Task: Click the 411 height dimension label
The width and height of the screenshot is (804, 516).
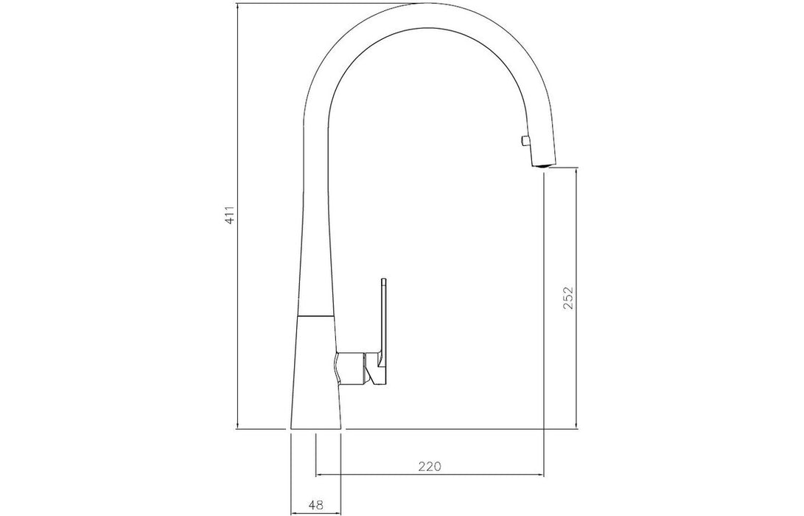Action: click(230, 215)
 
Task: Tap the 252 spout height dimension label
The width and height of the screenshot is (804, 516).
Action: click(567, 298)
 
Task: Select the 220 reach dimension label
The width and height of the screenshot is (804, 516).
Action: click(430, 467)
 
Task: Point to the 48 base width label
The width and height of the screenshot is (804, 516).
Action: click(316, 505)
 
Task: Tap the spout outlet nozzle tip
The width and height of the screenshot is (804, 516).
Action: click(542, 164)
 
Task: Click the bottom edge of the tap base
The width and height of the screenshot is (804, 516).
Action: click(316, 428)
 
